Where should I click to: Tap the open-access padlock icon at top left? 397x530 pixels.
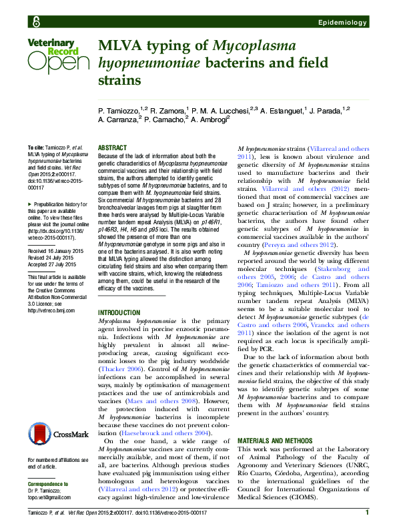[x=30, y=23]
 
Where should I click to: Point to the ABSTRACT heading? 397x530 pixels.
[x=111, y=146]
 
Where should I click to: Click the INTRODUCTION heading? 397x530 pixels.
[x=119, y=313]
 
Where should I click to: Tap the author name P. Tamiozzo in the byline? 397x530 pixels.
[x=121, y=109]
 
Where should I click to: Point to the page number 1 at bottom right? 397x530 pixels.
[x=368, y=512]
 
